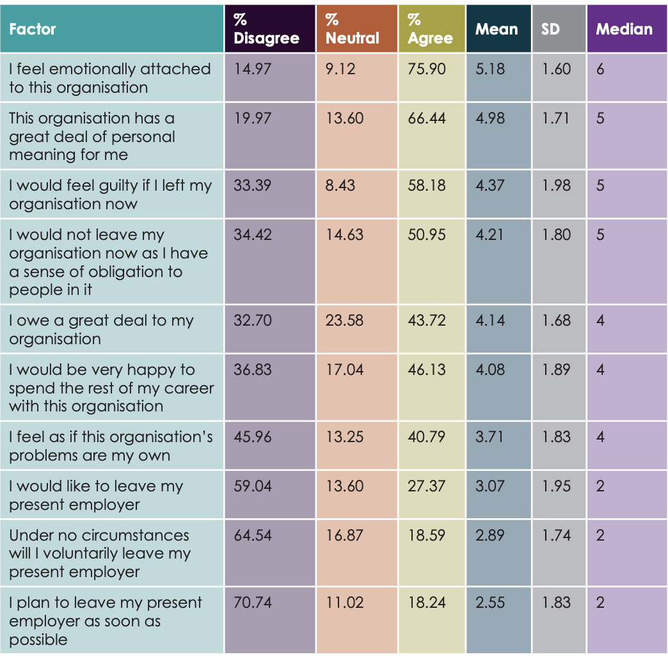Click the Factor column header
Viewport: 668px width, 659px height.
point(33,29)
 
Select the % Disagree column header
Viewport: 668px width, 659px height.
point(266,29)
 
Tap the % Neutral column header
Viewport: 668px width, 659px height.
point(352,29)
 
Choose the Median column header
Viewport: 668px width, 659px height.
point(624,29)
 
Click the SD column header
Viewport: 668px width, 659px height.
point(550,29)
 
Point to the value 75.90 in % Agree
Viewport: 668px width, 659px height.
point(427,69)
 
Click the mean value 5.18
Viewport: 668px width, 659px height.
point(490,69)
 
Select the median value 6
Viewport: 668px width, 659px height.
point(600,69)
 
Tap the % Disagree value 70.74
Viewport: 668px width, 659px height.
point(253,603)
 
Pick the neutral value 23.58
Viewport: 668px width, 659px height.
point(344,321)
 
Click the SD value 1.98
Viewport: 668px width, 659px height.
point(556,186)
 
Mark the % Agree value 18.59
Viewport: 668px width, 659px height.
point(427,535)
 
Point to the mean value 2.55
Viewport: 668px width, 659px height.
point(490,603)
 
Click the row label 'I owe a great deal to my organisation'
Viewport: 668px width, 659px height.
point(101,329)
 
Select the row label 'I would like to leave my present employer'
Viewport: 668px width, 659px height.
point(96,495)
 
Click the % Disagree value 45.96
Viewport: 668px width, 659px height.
point(253,437)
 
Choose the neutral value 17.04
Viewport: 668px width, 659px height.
point(344,370)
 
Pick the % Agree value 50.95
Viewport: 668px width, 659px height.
point(427,235)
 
